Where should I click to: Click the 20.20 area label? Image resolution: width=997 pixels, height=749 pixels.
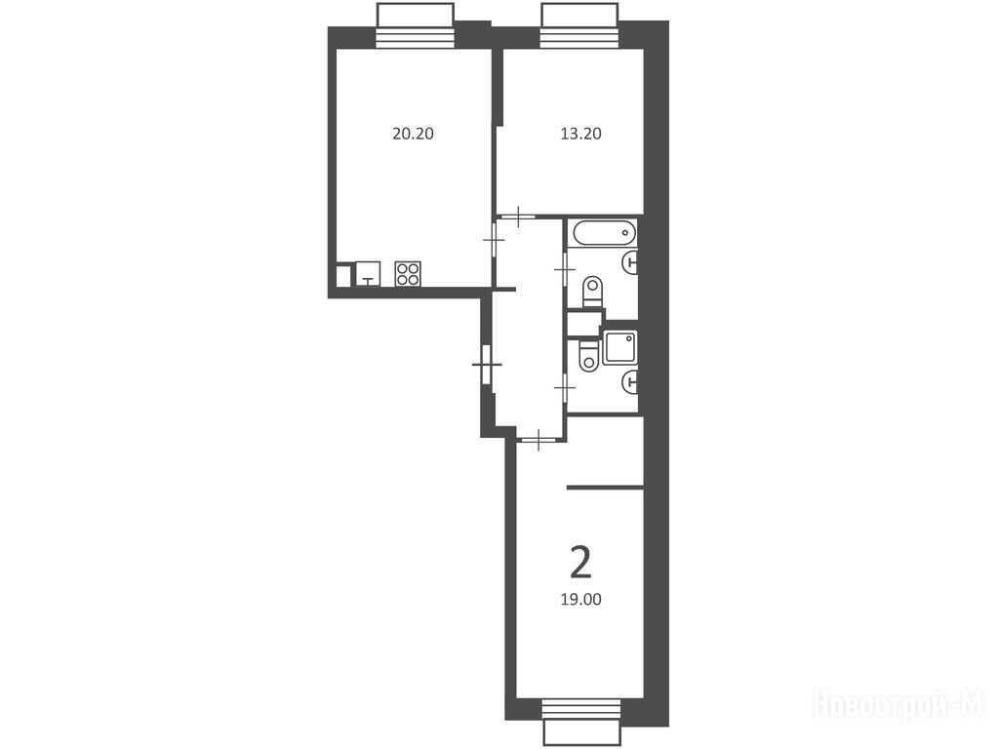click(x=413, y=134)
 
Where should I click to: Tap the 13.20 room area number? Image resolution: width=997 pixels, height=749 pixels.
click(x=580, y=134)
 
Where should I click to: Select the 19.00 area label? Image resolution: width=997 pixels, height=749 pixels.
click(x=580, y=600)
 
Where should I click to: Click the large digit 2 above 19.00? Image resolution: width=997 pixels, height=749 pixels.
click(x=580, y=564)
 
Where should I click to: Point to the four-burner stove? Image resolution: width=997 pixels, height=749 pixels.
click(x=408, y=273)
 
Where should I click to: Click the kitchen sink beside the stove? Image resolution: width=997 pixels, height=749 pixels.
click(x=368, y=273)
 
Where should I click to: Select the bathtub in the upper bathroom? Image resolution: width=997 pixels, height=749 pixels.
click(x=605, y=233)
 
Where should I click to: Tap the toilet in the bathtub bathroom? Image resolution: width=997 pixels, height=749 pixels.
click(x=592, y=292)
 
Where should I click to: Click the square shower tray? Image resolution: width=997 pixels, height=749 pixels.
click(x=619, y=347)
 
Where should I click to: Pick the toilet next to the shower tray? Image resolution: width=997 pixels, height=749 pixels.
click(x=589, y=356)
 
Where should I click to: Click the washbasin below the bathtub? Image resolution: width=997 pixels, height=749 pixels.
click(x=629, y=260)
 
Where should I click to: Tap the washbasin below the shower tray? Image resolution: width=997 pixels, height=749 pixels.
click(x=629, y=382)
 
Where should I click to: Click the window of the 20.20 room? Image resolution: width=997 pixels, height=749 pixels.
click(x=416, y=25)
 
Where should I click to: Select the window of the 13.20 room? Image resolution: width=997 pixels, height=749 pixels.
click(x=579, y=25)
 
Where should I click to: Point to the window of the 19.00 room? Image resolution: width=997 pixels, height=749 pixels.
click(x=581, y=723)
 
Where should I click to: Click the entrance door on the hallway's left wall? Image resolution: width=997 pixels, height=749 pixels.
click(x=487, y=365)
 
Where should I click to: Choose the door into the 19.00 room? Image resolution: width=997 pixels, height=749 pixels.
click(x=538, y=439)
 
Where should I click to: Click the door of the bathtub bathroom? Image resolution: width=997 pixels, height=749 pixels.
click(x=564, y=270)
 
